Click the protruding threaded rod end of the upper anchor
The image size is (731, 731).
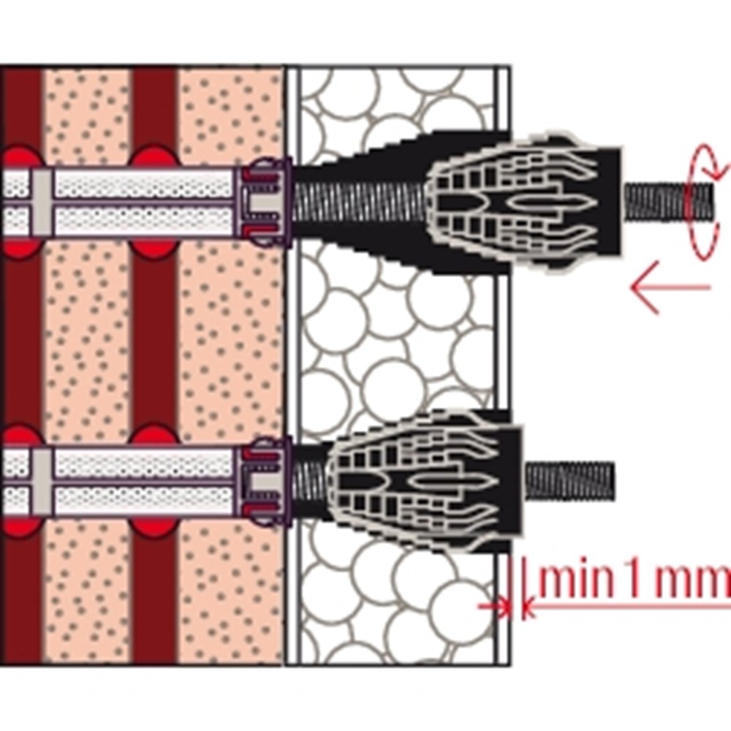pos(669,196)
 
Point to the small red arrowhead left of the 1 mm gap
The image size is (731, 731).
pos(500,605)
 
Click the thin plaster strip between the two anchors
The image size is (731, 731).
pos(504,344)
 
